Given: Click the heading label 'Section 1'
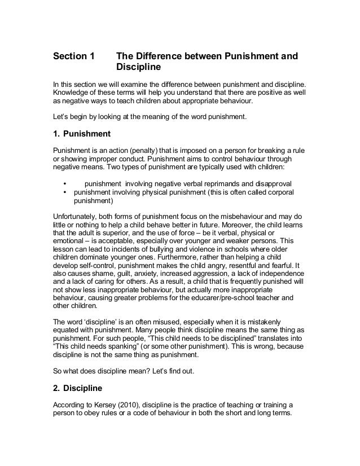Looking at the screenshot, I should (x=74, y=57).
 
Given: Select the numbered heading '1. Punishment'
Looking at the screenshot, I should (x=81, y=134).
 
